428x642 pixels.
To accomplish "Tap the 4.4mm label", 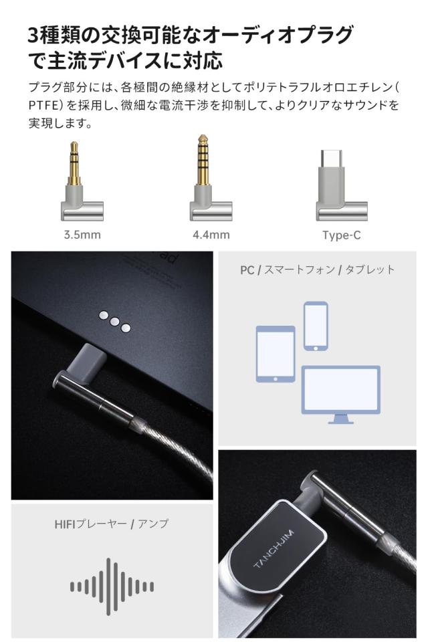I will tap(211, 235).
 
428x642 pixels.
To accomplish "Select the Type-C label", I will tap(342, 235).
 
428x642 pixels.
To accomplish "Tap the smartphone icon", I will tap(316, 326).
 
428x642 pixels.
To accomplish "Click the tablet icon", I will tap(275, 354).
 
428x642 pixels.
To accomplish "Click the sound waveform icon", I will tap(112, 586).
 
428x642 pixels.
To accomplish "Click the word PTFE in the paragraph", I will tap(44, 106).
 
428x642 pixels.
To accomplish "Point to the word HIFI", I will tap(66, 525).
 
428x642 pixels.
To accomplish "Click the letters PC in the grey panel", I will tap(247, 270).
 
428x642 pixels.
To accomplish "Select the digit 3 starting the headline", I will tap(35, 35).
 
